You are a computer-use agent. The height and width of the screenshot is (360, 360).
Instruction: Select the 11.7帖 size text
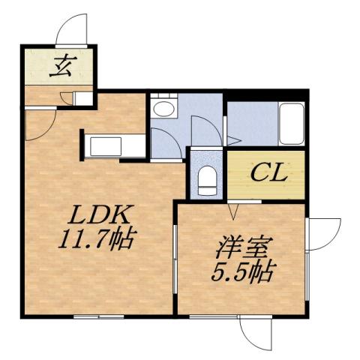[x=94, y=240]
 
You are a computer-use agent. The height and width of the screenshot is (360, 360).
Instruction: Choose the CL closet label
[x=267, y=175]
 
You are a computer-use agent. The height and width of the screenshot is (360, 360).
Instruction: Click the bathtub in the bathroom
[x=290, y=124]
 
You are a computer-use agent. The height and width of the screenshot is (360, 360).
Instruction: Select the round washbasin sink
[x=163, y=109]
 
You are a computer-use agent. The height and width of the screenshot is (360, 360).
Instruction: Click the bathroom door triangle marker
[x=232, y=140]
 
